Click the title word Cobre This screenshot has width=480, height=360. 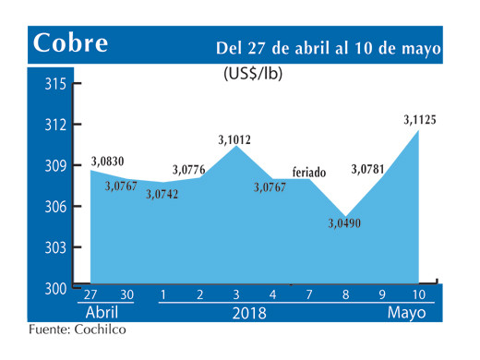(70, 43)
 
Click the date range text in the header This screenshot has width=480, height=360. (329, 47)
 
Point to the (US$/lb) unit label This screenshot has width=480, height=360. (253, 76)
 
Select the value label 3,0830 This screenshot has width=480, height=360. (109, 162)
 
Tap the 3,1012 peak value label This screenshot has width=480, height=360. (234, 140)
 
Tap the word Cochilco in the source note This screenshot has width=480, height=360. (96, 330)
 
